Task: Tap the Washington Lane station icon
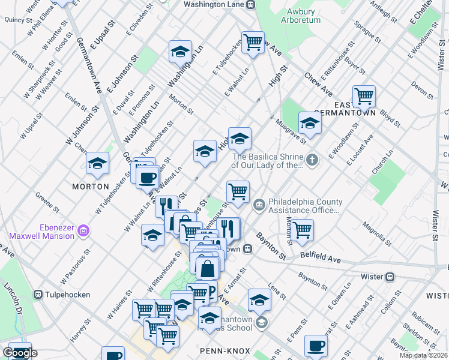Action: (251, 4)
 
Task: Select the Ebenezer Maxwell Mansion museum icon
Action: (83, 230)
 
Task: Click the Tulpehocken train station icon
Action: (38, 295)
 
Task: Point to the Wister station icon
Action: (390, 277)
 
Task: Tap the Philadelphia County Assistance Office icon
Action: (259, 206)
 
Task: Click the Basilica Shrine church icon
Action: (312, 160)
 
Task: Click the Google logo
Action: (20, 353)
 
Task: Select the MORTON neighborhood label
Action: (90, 187)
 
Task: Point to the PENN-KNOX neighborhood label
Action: (221, 349)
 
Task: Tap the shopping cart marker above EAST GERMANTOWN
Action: (364, 95)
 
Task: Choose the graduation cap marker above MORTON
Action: (97, 163)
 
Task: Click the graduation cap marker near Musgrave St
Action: (310, 122)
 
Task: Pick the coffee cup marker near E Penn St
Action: (316, 345)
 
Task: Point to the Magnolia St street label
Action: (376, 235)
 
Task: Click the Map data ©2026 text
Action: (423, 355)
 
